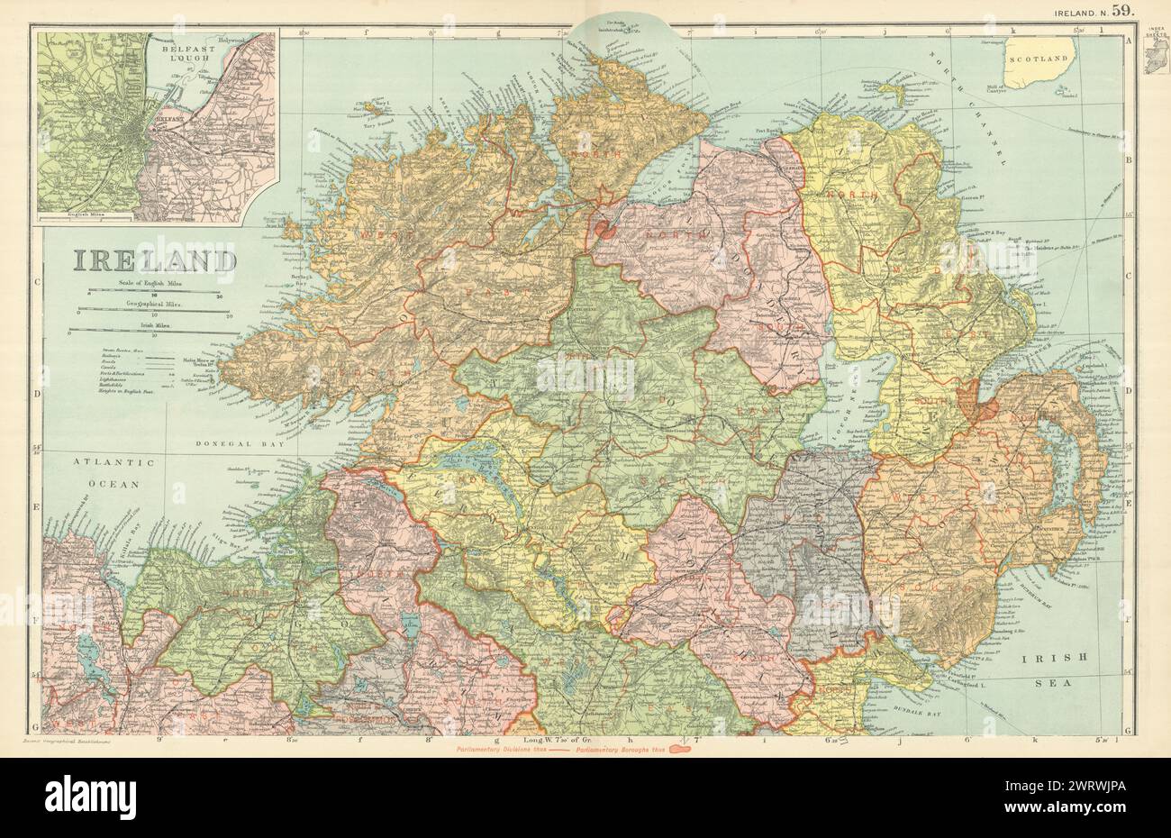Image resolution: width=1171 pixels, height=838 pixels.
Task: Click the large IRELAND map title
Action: pyautogui.click(x=153, y=260)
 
